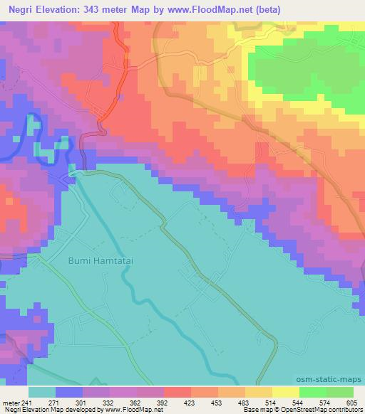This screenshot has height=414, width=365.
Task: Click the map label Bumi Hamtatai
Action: tap(101, 261)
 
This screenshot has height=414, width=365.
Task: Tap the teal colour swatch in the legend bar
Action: tap(42, 392)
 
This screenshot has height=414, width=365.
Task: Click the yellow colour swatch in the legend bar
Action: tap(285, 392)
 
